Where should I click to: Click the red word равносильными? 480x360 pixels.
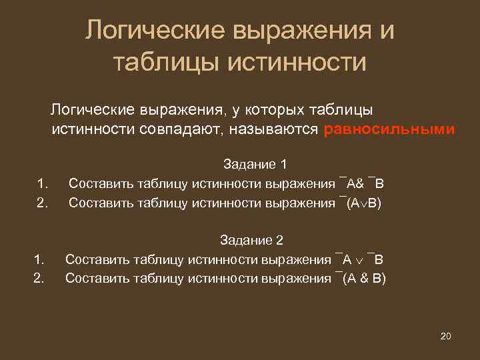389,129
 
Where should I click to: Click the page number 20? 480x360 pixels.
446,335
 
